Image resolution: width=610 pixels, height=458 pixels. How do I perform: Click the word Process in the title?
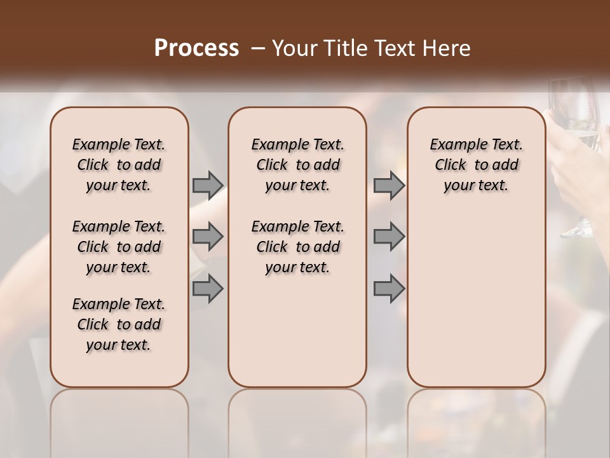coord(196,48)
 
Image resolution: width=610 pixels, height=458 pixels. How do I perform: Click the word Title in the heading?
coord(342,48)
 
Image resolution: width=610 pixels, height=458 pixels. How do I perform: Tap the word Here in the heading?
coord(447,48)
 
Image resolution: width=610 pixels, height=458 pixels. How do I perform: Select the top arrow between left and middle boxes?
coord(208,185)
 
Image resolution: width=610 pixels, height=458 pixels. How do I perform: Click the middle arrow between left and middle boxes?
coord(208,237)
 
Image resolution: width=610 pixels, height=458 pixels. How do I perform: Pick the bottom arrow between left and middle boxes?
coord(208,289)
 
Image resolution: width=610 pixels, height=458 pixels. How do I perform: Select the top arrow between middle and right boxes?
coord(389,185)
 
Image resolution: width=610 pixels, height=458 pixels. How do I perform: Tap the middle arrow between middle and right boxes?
coord(389,237)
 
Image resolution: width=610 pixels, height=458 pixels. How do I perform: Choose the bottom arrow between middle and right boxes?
coord(389,289)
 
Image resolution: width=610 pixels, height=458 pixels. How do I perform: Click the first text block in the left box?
coord(119,165)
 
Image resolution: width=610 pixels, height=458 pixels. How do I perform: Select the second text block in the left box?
coord(119,247)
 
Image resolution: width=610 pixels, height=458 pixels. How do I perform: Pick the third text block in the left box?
coord(119,324)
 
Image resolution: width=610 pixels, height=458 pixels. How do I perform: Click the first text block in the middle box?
coord(298,165)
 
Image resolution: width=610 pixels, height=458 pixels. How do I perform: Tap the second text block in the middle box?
coord(298,247)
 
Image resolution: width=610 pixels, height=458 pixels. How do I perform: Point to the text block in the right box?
coord(477,165)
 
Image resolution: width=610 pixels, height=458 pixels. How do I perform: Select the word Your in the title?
coord(294,48)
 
